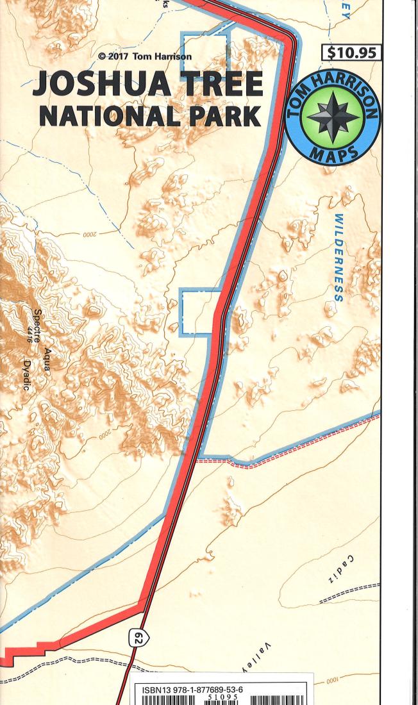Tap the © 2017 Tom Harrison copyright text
[145, 56]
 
